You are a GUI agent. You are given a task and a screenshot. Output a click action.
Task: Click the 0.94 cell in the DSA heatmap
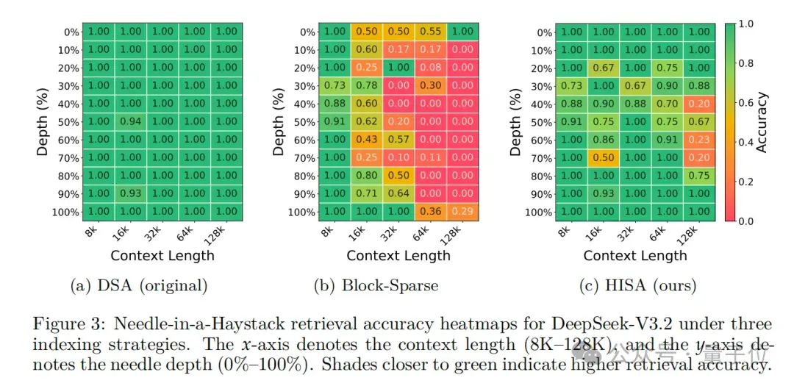130,121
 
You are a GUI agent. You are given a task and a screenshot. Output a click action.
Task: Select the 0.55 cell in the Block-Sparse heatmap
431,32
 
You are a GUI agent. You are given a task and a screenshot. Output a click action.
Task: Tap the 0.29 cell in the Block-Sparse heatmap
463,212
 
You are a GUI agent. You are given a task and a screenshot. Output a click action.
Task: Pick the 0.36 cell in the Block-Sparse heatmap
431,212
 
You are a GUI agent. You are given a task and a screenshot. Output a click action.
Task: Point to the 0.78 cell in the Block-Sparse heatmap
367,86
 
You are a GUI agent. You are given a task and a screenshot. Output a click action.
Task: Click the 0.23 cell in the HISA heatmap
700,140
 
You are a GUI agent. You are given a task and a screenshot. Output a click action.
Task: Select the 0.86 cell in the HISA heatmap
604,140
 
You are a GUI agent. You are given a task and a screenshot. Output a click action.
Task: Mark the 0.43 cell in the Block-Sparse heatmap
367,140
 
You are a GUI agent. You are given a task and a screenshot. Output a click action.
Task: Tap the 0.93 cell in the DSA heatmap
130,193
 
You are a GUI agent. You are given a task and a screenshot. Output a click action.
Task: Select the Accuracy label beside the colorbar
762,122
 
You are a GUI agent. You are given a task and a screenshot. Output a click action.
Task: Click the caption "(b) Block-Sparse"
397,285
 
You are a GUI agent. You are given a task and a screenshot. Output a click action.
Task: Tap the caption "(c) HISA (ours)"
634,285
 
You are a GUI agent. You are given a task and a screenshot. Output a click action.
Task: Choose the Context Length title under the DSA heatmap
162,256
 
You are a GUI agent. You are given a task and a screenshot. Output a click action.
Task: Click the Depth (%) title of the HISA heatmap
515,122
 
